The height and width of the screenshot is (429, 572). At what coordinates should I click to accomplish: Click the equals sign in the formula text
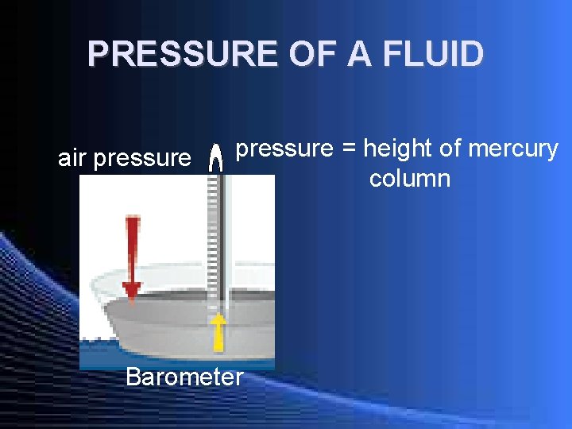347,149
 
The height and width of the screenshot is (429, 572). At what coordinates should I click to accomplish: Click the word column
409,178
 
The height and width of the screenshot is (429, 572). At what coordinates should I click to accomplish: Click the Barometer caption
184,376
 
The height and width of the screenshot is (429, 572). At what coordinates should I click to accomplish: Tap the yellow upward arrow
218,330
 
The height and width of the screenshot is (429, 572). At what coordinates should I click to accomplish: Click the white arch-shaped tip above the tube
214,159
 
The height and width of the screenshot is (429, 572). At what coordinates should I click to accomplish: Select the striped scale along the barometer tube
213,238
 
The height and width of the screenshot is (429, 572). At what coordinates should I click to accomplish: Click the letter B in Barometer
133,376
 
